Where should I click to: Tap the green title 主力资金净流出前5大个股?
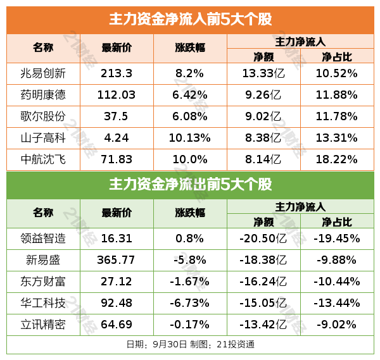click(x=190, y=184)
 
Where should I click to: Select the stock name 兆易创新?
click(x=43, y=73)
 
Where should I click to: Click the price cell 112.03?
click(x=117, y=95)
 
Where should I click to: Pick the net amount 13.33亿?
click(x=263, y=73)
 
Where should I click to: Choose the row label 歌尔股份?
click(x=43, y=116)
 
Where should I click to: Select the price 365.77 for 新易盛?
click(x=117, y=260)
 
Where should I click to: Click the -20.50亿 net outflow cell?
click(x=263, y=239)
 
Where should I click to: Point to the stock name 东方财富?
click(x=43, y=282)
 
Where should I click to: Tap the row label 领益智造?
click(x=43, y=239)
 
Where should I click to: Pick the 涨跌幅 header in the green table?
click(x=189, y=213)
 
